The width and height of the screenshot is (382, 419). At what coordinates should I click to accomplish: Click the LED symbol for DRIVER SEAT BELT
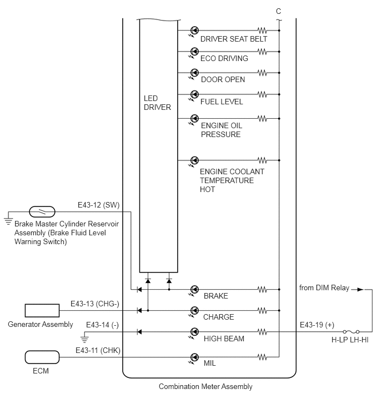tap(194, 31)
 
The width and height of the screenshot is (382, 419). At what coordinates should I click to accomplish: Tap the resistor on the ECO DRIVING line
tap(262, 52)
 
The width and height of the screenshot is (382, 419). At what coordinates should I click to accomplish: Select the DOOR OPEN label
tap(223, 79)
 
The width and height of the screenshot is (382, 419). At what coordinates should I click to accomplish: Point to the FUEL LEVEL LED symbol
tap(194, 94)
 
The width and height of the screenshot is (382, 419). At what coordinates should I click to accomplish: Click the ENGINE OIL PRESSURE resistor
tap(262, 118)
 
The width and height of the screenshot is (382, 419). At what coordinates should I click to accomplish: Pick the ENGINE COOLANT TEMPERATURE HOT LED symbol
tap(194, 160)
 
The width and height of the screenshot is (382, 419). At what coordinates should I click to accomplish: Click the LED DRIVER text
tap(157, 103)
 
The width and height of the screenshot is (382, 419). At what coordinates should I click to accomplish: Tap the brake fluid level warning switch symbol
tap(42, 211)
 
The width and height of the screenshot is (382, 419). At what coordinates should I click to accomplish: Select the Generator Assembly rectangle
tap(42, 311)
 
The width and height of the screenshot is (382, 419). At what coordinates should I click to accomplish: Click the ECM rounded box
tap(42, 357)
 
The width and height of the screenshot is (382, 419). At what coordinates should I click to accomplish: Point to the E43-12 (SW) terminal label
tap(99, 205)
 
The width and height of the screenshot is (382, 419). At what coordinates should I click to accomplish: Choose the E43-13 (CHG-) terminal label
tap(95, 304)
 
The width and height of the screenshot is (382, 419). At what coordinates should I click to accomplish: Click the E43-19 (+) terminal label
tap(317, 325)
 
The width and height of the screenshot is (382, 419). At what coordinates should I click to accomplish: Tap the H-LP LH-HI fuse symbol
tap(351, 332)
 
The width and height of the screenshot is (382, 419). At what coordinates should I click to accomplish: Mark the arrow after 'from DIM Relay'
tap(358, 289)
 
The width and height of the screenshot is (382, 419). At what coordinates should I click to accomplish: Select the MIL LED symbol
tap(194, 357)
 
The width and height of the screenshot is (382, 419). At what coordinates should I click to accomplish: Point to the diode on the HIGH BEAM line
tap(139, 332)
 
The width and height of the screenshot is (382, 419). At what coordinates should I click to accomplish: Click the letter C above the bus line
tap(279, 11)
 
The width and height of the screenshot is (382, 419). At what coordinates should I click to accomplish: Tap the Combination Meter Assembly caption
tap(205, 387)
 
